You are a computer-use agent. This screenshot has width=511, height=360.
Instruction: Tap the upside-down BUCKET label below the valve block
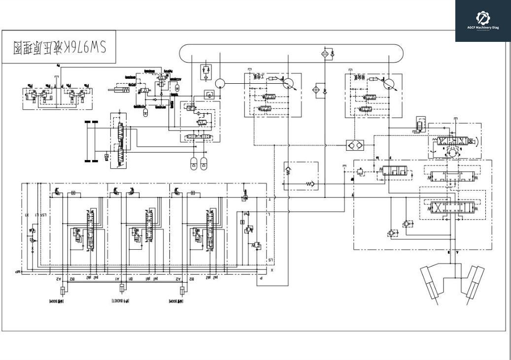pos(118,300)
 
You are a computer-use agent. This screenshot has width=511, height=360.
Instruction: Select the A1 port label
pos(117,278)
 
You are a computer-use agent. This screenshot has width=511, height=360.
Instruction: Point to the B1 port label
pos(131,278)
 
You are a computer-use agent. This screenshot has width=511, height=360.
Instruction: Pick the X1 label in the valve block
pos(28,215)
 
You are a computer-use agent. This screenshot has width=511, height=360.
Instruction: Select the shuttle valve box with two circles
pos(355,146)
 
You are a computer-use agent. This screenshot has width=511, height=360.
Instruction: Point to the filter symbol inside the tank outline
pos(326,53)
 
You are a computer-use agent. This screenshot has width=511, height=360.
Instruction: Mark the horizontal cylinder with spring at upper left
pos(120,90)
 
